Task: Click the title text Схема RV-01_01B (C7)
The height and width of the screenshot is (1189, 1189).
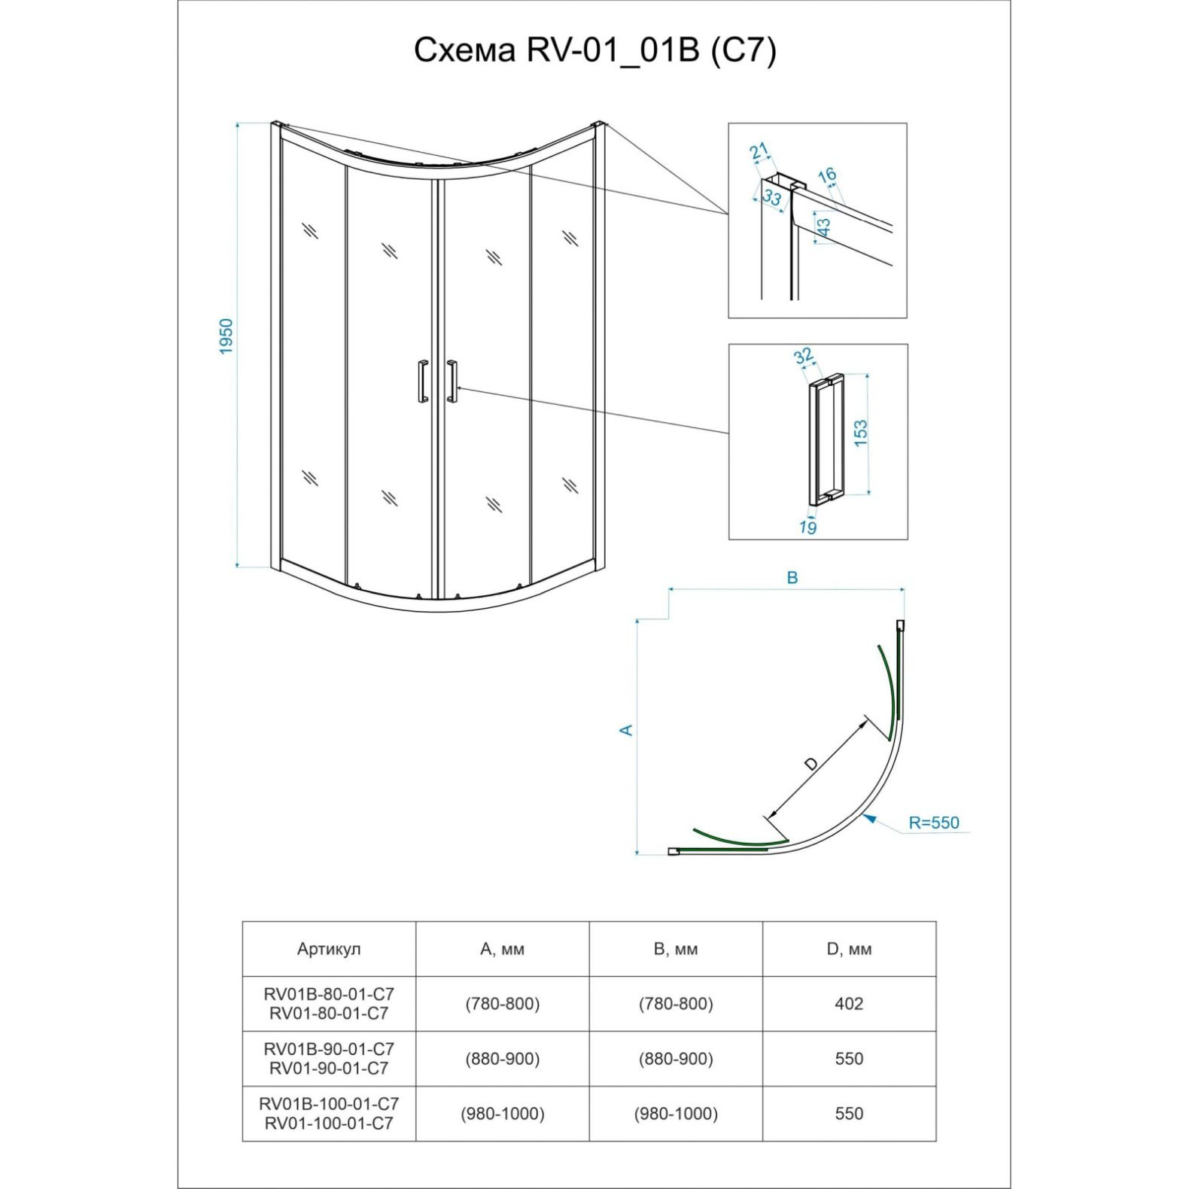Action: pyautogui.click(x=594, y=51)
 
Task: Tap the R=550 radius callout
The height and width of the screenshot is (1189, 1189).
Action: pyautogui.click(x=934, y=823)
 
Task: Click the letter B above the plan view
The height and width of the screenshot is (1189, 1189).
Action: pyautogui.click(x=792, y=578)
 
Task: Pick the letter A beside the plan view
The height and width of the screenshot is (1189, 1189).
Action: pyautogui.click(x=626, y=730)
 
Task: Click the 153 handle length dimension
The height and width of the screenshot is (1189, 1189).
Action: pyautogui.click(x=860, y=433)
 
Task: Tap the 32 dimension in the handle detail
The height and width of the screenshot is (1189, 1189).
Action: pyautogui.click(x=804, y=355)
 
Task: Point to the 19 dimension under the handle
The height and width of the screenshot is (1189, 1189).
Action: pyautogui.click(x=807, y=528)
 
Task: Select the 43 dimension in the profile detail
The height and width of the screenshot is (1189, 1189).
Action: pyautogui.click(x=824, y=227)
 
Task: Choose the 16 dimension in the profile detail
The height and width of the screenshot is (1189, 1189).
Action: pyautogui.click(x=827, y=175)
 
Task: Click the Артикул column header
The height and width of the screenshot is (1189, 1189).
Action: pyautogui.click(x=329, y=949)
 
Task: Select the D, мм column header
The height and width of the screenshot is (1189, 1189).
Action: pyautogui.click(x=849, y=949)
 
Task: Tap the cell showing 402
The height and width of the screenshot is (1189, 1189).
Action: pyautogui.click(x=849, y=1004)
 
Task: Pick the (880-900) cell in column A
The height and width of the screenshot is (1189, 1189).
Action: pyautogui.click(x=502, y=1059)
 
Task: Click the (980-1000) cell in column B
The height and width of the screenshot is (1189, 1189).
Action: pyautogui.click(x=676, y=1114)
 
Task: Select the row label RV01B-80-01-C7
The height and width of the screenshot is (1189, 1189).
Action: pyautogui.click(x=329, y=995)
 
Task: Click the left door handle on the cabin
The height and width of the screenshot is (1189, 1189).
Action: pyautogui.click(x=423, y=382)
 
